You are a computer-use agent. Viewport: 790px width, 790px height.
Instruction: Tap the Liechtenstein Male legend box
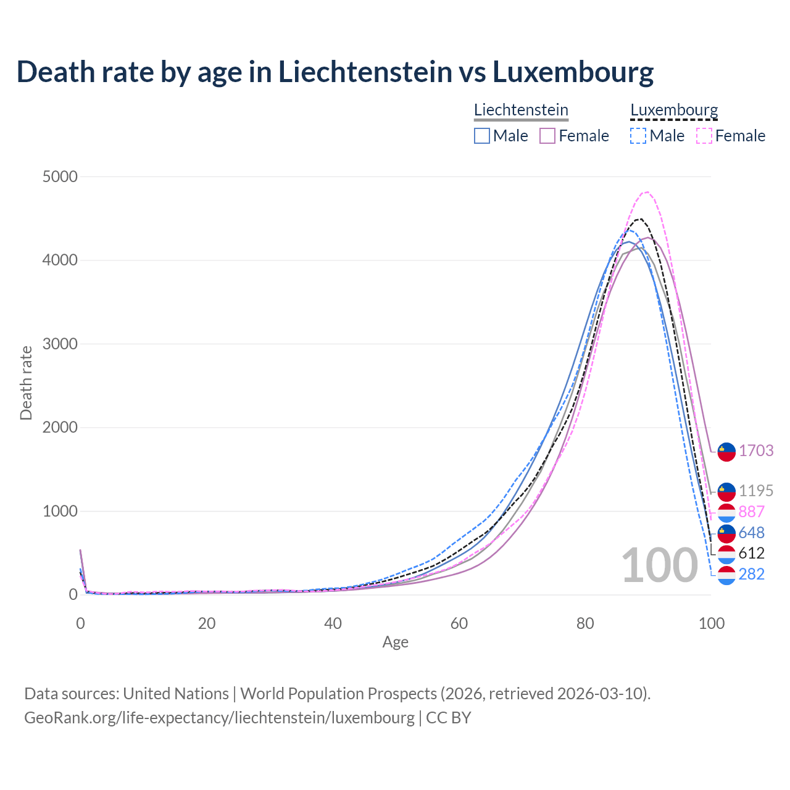coord(482,136)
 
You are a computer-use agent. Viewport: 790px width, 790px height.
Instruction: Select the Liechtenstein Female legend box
coord(547,136)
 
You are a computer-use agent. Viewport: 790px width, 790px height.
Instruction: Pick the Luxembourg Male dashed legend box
coord(638,136)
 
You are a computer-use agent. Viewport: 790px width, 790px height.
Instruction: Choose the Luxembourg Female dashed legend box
coord(704,136)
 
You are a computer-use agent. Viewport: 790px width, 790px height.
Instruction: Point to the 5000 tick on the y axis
coord(60,177)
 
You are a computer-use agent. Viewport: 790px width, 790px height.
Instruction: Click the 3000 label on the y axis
coord(60,344)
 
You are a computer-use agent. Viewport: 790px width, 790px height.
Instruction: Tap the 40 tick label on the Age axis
coord(333,623)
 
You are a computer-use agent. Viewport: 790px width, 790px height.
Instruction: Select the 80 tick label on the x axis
coord(585,623)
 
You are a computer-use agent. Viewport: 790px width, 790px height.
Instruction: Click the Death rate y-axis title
coord(26,383)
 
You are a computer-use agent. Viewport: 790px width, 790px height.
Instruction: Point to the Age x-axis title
coord(395,642)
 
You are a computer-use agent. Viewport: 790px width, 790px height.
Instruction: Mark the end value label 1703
coord(756,451)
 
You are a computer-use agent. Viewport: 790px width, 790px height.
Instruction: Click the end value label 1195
coord(756,491)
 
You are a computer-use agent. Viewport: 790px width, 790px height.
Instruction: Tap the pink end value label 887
coord(752,512)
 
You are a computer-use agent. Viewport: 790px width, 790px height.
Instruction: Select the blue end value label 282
coord(752,574)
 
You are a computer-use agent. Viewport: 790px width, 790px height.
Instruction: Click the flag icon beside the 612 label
coord(726,554)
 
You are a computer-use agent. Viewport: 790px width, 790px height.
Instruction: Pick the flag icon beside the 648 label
coord(726,533)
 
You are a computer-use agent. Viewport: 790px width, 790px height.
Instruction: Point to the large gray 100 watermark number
coord(659,565)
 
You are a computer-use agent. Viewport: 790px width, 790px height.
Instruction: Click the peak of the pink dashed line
coord(646,192)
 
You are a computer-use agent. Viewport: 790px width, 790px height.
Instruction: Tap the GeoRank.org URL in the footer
coord(219,718)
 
